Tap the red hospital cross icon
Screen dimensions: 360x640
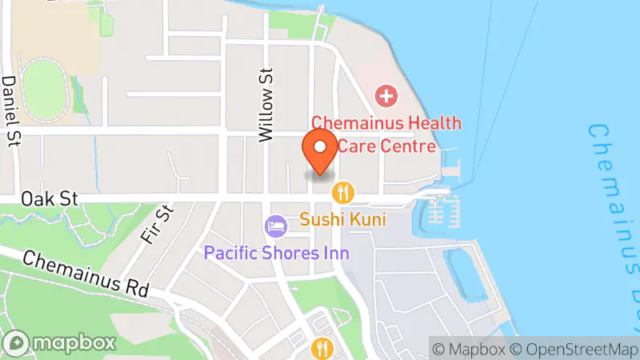pos(386,98)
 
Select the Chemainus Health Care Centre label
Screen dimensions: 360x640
pos(386,134)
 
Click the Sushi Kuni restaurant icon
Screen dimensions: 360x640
pos(343,192)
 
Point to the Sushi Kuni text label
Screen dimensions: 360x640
pos(343,218)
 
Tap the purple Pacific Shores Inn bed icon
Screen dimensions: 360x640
pos(276,226)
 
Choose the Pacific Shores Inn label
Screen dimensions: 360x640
pos(276,253)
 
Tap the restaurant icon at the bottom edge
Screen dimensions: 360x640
pos(321,348)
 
